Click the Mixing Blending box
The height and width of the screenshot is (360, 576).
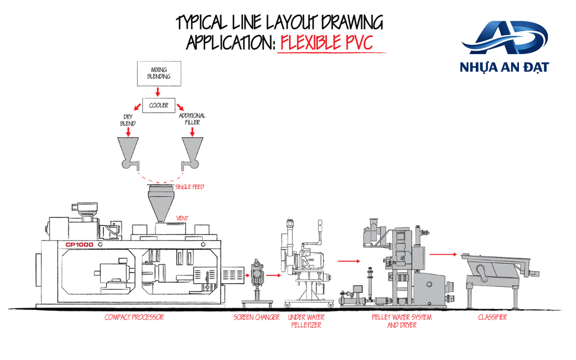click(159, 74)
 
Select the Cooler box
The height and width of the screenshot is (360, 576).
click(159, 105)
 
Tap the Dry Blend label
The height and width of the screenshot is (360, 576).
click(128, 120)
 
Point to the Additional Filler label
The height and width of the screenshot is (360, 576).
click(192, 119)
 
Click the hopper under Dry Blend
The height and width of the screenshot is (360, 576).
click(128, 150)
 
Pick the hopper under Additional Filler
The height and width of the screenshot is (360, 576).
click(192, 150)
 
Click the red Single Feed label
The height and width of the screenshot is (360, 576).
click(190, 187)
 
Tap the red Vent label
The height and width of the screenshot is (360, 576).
click(182, 218)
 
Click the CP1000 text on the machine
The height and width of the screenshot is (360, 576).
click(79, 245)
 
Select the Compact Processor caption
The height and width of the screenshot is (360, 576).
click(134, 317)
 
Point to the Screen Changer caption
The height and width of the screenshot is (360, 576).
click(256, 317)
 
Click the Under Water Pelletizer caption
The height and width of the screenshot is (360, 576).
click(306, 321)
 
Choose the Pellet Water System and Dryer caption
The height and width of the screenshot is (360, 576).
click(401, 321)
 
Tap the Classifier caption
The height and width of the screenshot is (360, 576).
click(492, 317)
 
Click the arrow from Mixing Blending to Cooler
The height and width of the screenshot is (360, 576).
click(158, 92)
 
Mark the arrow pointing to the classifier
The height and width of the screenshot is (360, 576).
click(444, 254)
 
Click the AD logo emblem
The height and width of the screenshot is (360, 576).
click(505, 37)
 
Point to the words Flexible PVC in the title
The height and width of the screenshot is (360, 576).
click(327, 43)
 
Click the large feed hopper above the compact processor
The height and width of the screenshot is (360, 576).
click(161, 203)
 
